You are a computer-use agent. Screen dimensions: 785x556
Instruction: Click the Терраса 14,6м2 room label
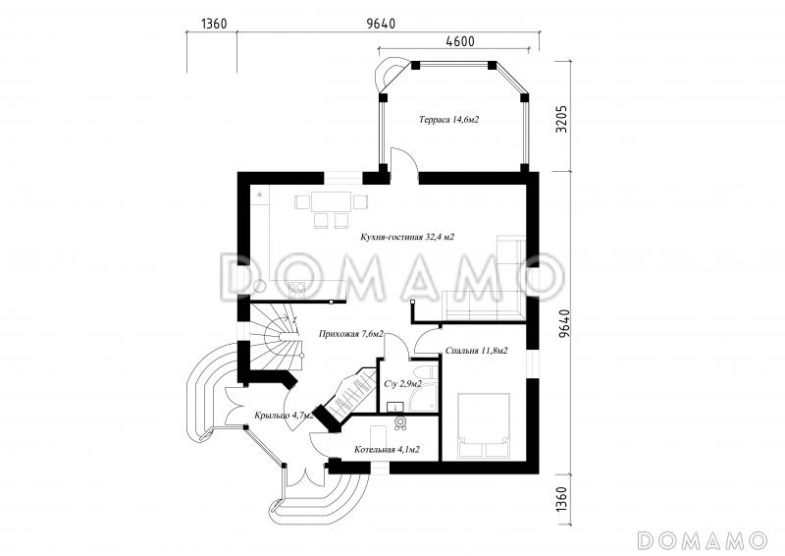pyautogui.click(x=449, y=120)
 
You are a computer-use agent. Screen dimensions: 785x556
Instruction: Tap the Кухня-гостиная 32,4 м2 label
pyautogui.click(x=407, y=237)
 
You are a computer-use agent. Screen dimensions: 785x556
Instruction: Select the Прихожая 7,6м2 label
pyautogui.click(x=351, y=333)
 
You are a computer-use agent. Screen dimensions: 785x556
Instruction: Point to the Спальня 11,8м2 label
pyautogui.click(x=476, y=351)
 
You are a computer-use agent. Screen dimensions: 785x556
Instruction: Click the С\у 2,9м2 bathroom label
pyautogui.click(x=403, y=384)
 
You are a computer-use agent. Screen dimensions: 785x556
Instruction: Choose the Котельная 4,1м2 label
pyautogui.click(x=387, y=450)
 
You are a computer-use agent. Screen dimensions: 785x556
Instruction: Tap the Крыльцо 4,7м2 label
pyautogui.click(x=284, y=416)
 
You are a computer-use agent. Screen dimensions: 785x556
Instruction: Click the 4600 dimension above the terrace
pyautogui.click(x=459, y=41)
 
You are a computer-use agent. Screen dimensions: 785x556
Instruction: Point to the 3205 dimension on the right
pyautogui.click(x=562, y=118)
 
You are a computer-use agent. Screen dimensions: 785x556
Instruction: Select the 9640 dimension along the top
pyautogui.click(x=381, y=24)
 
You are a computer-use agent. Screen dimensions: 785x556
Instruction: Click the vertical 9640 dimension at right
pyautogui.click(x=563, y=323)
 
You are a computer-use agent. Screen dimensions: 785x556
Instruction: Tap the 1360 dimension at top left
pyautogui.click(x=214, y=24)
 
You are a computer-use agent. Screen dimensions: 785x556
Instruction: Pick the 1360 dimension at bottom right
pyautogui.click(x=562, y=499)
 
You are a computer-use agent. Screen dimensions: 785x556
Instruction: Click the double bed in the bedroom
pyautogui.click(x=484, y=425)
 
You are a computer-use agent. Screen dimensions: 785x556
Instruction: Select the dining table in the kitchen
pyautogui.click(x=331, y=202)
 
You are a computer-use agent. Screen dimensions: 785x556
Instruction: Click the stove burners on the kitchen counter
pyautogui.click(x=297, y=290)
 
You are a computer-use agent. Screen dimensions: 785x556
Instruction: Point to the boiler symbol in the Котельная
pyautogui.click(x=400, y=422)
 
